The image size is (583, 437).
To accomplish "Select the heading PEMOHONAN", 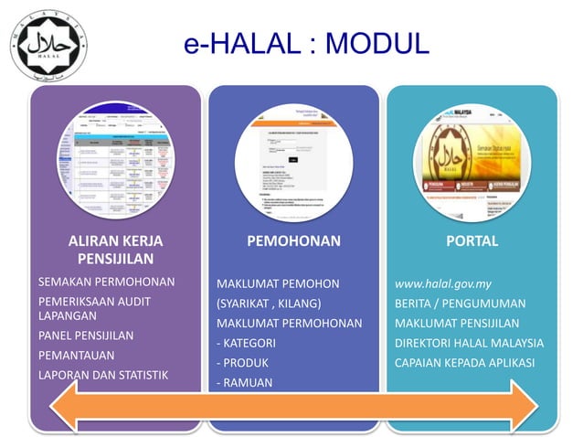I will pos(293,241).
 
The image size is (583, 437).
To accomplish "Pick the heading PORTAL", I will pos(472,241).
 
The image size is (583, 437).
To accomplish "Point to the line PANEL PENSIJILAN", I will pos(85,336).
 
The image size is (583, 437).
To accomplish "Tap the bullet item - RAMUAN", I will pos(244,383).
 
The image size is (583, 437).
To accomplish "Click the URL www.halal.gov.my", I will pos(443,283).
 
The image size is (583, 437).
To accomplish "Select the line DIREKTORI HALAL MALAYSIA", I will pos(469,344).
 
